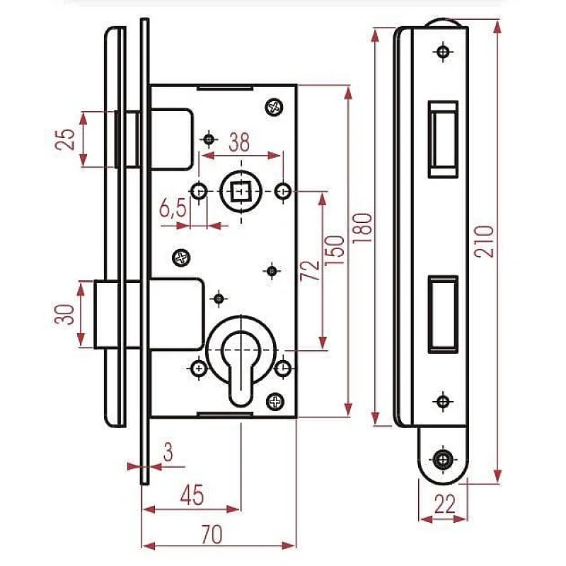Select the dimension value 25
tap(66, 139)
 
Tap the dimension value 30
tap(65, 314)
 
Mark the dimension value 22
tap(444, 504)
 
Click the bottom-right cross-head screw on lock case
tap(275, 402)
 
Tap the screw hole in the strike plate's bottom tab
tap(444, 458)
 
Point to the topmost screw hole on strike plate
tap(444, 52)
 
